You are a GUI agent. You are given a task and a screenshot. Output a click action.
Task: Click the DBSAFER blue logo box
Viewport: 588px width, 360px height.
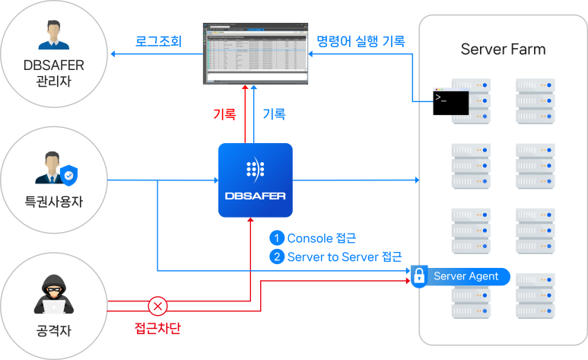point(256,180)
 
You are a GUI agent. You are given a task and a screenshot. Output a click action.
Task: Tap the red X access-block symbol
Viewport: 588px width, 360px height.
point(157,306)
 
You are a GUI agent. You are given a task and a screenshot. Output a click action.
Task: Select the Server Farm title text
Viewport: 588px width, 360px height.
point(503,50)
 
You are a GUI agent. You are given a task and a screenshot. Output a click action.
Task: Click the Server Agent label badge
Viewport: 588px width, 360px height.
point(466,276)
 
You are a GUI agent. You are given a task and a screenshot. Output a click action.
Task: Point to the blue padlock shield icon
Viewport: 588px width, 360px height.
point(419,276)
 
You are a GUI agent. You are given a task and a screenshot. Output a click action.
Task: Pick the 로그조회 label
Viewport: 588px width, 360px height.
point(158,41)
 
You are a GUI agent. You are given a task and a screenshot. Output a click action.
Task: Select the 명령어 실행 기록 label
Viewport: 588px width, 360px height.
point(361,40)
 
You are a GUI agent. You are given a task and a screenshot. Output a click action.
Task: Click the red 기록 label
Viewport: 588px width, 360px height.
point(224,114)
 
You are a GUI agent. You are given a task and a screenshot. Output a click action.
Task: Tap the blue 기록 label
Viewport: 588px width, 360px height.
point(274,114)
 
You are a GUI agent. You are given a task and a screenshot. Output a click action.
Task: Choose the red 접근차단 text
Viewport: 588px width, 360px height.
point(157,330)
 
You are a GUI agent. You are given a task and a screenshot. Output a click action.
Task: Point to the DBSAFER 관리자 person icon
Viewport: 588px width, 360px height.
point(53,39)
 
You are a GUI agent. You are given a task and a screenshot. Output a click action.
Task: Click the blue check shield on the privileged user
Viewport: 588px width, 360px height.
point(69,175)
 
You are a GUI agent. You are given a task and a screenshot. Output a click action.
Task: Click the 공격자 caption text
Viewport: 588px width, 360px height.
point(52,332)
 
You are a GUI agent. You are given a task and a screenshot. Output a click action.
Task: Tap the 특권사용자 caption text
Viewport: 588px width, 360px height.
point(53,203)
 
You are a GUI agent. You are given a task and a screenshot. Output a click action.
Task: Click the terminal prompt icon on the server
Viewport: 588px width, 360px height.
point(440,97)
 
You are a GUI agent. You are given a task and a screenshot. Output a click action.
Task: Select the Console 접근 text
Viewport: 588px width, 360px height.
point(322,238)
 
